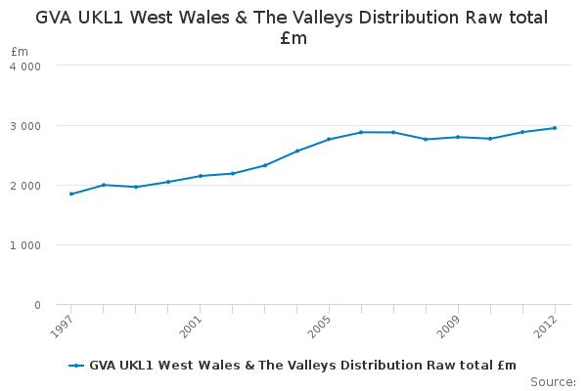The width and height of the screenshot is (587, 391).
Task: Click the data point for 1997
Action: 71,194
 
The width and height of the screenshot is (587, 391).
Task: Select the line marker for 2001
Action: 201,176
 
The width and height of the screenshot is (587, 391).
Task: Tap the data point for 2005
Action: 329,139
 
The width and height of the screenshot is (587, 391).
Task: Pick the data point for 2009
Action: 458,137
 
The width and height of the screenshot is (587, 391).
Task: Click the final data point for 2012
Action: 555,128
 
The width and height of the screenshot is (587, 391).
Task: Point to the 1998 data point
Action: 104,185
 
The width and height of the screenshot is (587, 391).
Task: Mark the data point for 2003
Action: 265,165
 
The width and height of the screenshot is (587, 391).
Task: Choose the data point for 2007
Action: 393,132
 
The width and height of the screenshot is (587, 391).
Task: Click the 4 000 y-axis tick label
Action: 25,66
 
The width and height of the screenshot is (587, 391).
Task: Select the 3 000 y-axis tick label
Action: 25,126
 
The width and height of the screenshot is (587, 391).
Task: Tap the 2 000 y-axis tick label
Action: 25,186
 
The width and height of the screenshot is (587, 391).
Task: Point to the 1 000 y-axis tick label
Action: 25,245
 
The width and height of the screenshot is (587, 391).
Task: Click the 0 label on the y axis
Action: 37,305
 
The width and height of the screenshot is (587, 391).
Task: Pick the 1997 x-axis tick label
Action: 61,326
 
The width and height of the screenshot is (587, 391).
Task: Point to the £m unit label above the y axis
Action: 20,51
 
